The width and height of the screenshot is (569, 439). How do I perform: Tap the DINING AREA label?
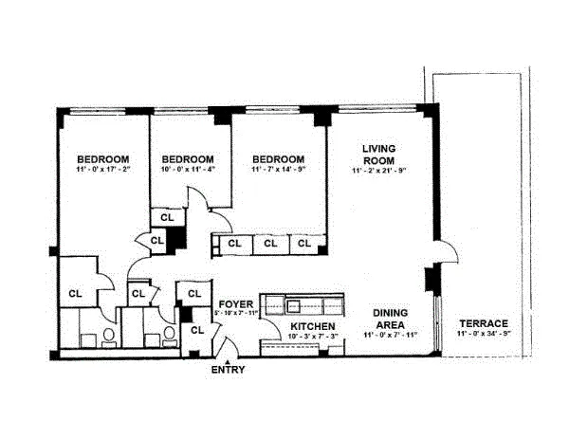click(x=390, y=318)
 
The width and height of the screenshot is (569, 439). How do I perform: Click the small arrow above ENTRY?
click(x=226, y=357)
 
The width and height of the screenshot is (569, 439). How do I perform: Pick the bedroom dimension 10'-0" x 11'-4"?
click(x=187, y=170)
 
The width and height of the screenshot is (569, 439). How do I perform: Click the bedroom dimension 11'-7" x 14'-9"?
click(x=279, y=170)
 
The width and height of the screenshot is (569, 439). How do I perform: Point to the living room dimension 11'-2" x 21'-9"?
click(x=378, y=170)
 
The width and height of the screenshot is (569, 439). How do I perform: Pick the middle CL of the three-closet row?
click(x=270, y=244)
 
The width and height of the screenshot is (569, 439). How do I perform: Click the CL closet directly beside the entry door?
click(x=198, y=330)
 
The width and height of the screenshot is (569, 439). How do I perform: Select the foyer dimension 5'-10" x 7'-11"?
click(x=236, y=313)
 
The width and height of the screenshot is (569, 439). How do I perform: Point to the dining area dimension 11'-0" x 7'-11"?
click(x=390, y=335)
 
